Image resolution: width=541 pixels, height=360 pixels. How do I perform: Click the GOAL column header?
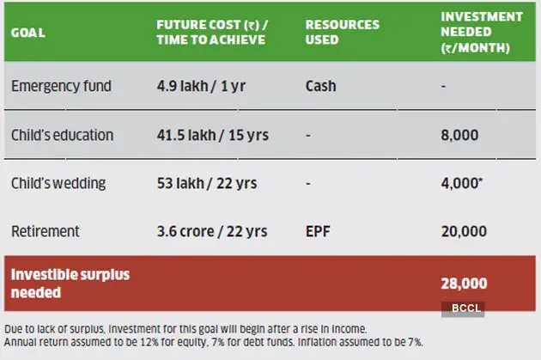[x=28, y=33]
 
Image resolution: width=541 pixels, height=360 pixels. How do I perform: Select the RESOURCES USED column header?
[x=342, y=33]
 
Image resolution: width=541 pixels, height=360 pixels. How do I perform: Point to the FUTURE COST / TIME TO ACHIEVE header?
[x=210, y=33]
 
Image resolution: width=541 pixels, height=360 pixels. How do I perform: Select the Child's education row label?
[x=62, y=136]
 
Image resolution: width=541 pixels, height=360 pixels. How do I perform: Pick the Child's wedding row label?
[x=58, y=184]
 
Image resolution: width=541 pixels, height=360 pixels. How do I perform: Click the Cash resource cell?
[x=319, y=87]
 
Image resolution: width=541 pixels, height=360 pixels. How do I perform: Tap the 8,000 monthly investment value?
[x=464, y=136]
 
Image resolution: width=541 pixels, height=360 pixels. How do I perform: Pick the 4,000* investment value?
[x=465, y=184]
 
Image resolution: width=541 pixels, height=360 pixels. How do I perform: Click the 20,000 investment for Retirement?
[x=464, y=231]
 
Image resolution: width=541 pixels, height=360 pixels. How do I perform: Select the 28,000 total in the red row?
[x=464, y=284]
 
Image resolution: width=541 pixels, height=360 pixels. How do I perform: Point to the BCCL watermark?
[x=464, y=308]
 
